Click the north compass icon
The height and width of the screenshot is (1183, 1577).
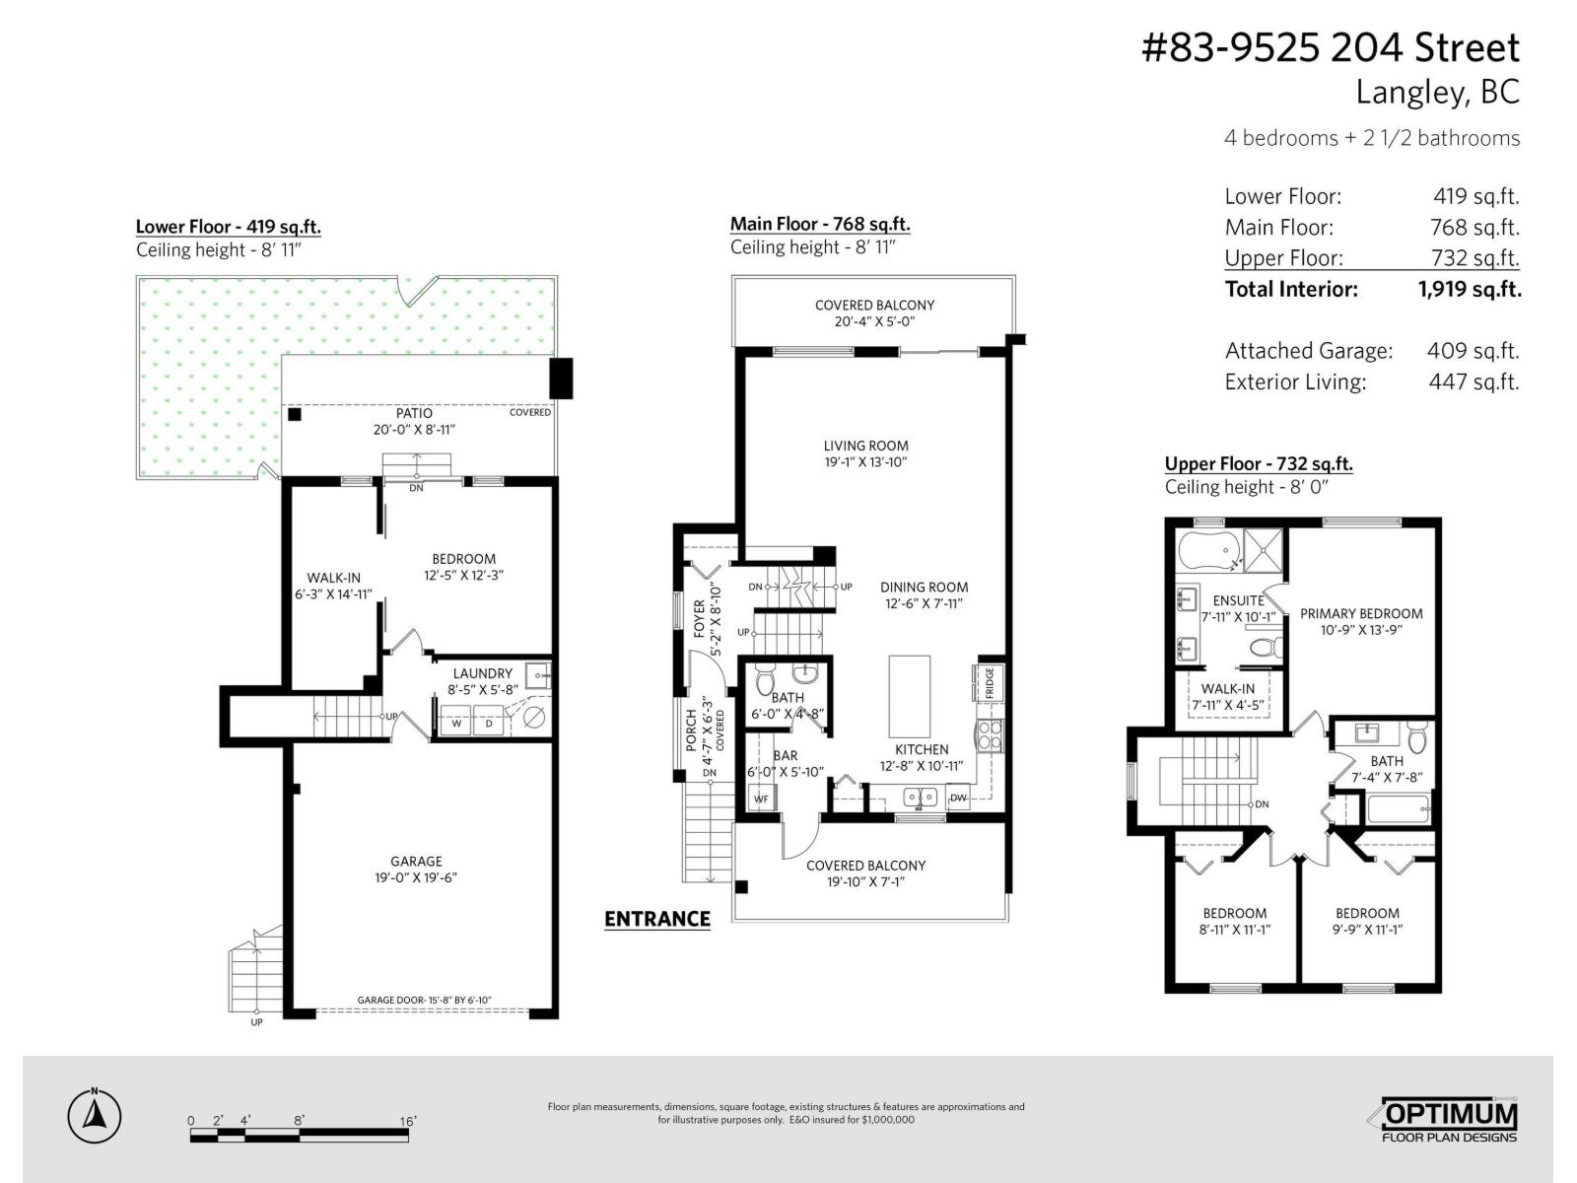coord(95,1117)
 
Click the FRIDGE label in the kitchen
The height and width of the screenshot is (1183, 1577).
coord(989,683)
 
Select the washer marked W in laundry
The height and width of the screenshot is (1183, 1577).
coord(456,723)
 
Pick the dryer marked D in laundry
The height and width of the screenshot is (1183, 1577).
coord(488,723)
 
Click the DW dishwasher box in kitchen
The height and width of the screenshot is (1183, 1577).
coord(958,798)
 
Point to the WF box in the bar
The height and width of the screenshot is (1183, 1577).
coord(761,798)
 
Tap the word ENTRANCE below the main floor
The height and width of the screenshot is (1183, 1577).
coord(656,919)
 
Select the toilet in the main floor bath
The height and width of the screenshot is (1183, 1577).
coord(765,682)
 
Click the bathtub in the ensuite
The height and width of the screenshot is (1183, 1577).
coord(1207,550)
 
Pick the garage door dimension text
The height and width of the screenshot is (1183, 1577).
coord(424,1001)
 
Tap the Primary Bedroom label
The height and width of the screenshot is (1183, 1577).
coord(1361,613)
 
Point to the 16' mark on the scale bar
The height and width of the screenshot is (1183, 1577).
coord(408,1121)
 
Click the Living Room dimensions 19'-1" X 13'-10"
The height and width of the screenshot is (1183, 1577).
coord(865,461)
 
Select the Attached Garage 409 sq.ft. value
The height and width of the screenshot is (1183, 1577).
coord(1473,351)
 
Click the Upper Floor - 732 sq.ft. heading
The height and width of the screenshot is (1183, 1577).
coord(1258,463)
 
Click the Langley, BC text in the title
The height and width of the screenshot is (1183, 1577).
coord(1437,92)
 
